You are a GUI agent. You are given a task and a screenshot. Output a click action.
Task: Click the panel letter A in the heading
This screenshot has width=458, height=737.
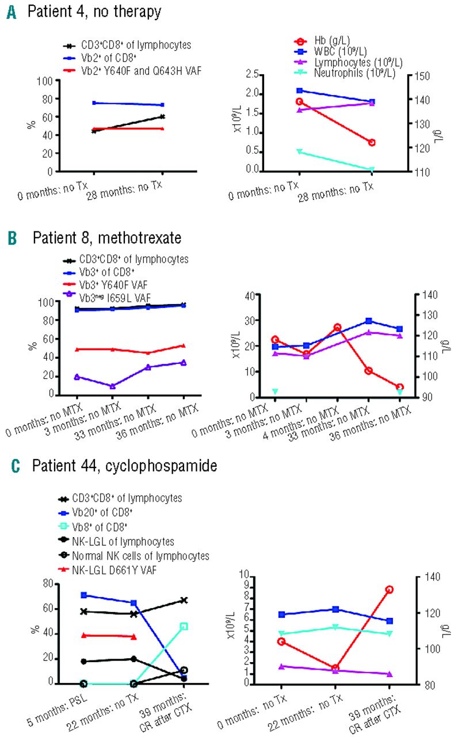11,12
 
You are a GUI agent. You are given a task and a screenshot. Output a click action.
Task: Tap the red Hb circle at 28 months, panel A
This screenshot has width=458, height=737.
372,142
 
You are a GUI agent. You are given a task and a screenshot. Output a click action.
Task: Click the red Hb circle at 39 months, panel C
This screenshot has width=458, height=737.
390,590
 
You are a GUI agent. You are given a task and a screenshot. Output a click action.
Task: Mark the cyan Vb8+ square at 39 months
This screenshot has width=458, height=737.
184,626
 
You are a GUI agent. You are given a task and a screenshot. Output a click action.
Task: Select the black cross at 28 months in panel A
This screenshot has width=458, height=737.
163,116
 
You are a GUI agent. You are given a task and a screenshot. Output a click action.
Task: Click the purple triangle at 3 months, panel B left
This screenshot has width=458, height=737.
113,386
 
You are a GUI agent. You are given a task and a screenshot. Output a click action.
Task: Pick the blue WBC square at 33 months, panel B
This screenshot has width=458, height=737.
368,321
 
